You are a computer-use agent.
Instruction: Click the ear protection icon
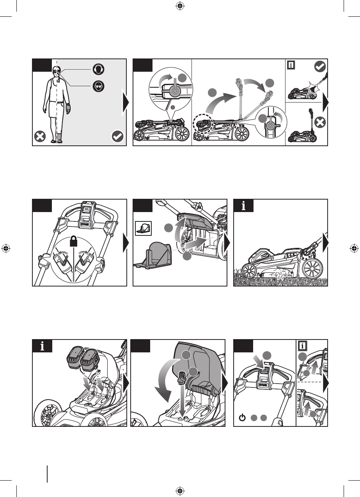coord(98,69)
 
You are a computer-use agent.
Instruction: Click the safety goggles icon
coord(98,86)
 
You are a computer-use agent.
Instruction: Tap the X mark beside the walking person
coord(41,137)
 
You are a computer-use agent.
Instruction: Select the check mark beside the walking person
coord(118,137)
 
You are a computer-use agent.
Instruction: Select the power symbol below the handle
coord(242,418)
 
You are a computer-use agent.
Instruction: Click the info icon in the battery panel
coord(42,346)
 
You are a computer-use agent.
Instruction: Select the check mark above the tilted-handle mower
coord(320,67)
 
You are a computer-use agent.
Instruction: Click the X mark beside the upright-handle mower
coord(319,123)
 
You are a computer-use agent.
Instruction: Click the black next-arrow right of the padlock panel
coord(125,244)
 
